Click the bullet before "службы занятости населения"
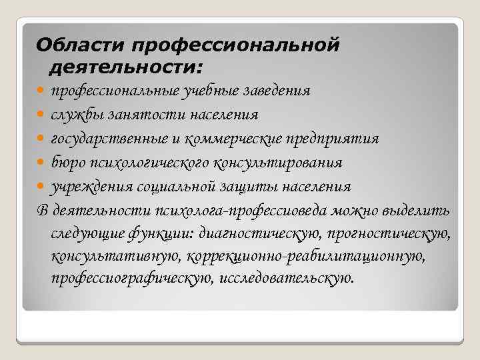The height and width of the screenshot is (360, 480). (43, 115)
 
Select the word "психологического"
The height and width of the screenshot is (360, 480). (149, 162)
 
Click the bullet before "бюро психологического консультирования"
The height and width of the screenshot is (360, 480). (43, 163)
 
